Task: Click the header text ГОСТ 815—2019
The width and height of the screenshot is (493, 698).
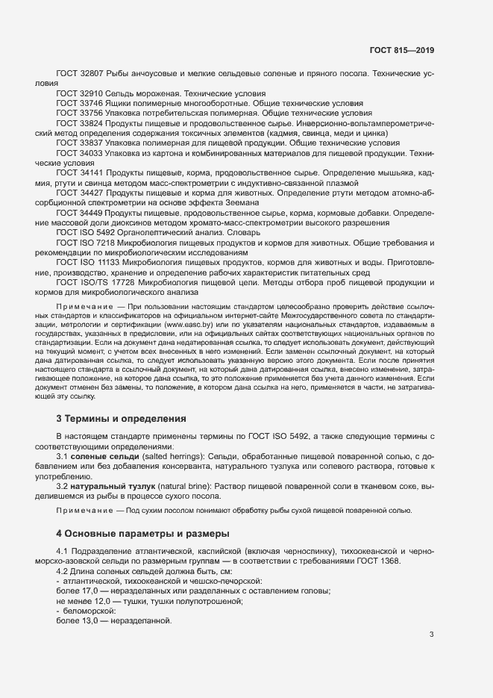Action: (x=401, y=51)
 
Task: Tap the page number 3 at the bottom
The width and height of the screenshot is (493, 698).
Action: (x=431, y=635)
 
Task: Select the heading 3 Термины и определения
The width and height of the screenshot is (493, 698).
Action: (x=120, y=418)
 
